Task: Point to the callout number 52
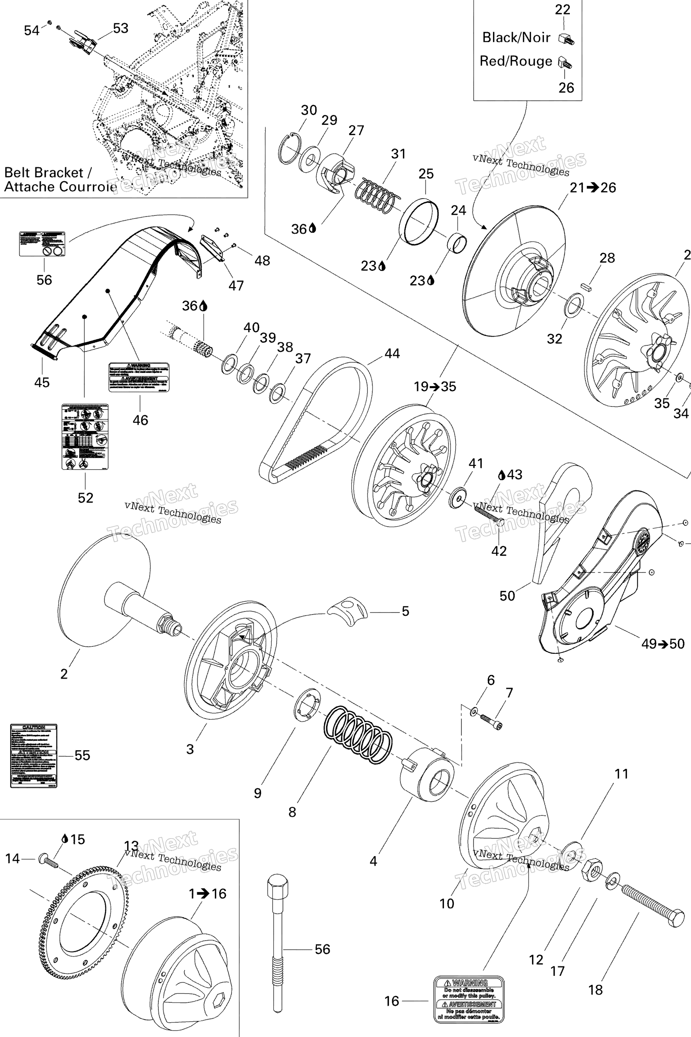pos(85,498)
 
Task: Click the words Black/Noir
pos(516,37)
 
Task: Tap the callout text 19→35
pos(435,387)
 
